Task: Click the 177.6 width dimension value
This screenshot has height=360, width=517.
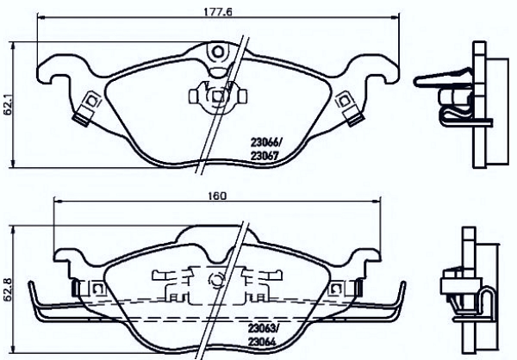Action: pos(218,11)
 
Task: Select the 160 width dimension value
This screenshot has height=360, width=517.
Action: pos(217,196)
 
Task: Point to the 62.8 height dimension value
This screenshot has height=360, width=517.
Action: pos(8,289)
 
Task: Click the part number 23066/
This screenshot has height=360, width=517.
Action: pos(267,142)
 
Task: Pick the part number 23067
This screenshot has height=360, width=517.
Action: pos(265,155)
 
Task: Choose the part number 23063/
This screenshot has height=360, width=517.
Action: pos(263,328)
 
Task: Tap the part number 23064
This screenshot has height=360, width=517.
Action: pos(261,342)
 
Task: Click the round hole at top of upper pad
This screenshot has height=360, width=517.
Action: pos(217,52)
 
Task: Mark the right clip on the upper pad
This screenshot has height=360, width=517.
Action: pos(349,109)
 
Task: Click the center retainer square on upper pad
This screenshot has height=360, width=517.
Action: pos(217,96)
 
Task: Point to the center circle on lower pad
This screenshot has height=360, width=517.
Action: pos(216,281)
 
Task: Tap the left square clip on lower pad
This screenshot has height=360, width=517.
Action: pos(97,289)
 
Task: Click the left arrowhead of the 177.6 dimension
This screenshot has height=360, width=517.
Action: pos(40,16)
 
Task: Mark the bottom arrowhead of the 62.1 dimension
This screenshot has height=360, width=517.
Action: pos(13,164)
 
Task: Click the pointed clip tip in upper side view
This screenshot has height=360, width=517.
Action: pos(416,82)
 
